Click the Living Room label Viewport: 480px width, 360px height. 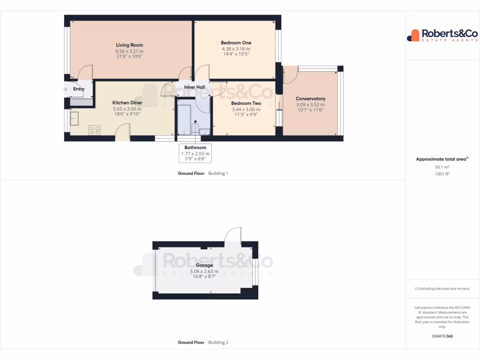click(x=129, y=45)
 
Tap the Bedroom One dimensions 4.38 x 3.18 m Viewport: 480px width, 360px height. click(x=236, y=49)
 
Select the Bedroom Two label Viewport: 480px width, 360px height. click(x=246, y=104)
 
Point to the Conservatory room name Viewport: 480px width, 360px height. click(x=310, y=99)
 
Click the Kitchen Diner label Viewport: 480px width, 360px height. click(x=127, y=103)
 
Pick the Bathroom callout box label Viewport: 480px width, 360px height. click(x=195, y=148)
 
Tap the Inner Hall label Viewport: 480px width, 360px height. click(x=195, y=88)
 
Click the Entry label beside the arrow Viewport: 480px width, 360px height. click(x=79, y=89)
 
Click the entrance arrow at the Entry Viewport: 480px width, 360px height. click(x=65, y=89)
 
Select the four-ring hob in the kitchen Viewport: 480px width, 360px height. click(x=94, y=130)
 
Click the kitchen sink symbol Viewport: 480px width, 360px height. click(x=75, y=120)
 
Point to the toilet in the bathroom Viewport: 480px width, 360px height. click(x=195, y=127)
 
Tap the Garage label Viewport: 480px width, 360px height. click(x=204, y=265)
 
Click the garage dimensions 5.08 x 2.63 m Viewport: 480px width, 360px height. click(x=204, y=271)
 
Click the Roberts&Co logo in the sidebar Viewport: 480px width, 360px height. click(x=442, y=35)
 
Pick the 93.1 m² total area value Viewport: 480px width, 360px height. click(x=442, y=166)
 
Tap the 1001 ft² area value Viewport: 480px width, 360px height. click(x=442, y=173)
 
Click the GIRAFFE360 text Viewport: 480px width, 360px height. click(x=442, y=336)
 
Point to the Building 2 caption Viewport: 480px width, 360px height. click(x=218, y=343)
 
